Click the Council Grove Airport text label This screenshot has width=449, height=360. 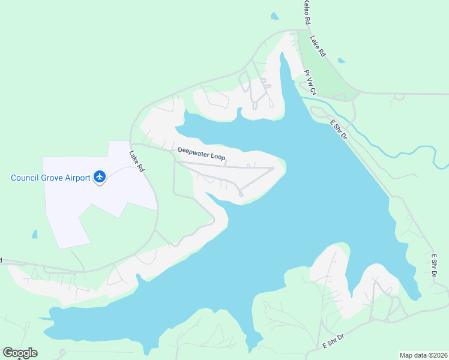click(51, 178)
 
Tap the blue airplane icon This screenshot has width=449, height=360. click(100, 177)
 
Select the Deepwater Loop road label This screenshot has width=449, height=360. click(202, 154)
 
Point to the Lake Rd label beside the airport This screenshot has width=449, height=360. click(137, 161)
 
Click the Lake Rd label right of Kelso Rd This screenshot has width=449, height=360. click(318, 46)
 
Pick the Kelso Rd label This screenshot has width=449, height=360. click(307, 12)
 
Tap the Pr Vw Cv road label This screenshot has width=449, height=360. click(310, 83)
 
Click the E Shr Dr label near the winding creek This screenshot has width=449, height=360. click(339, 130)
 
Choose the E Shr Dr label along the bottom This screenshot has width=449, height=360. click(334, 342)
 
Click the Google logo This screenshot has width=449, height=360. click(20, 353)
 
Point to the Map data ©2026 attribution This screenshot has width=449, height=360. click(423, 355)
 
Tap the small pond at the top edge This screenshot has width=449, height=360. click(274, 16)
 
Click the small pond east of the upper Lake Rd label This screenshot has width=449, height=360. click(342, 61)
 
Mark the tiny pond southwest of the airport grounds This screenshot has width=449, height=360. click(34, 234)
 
